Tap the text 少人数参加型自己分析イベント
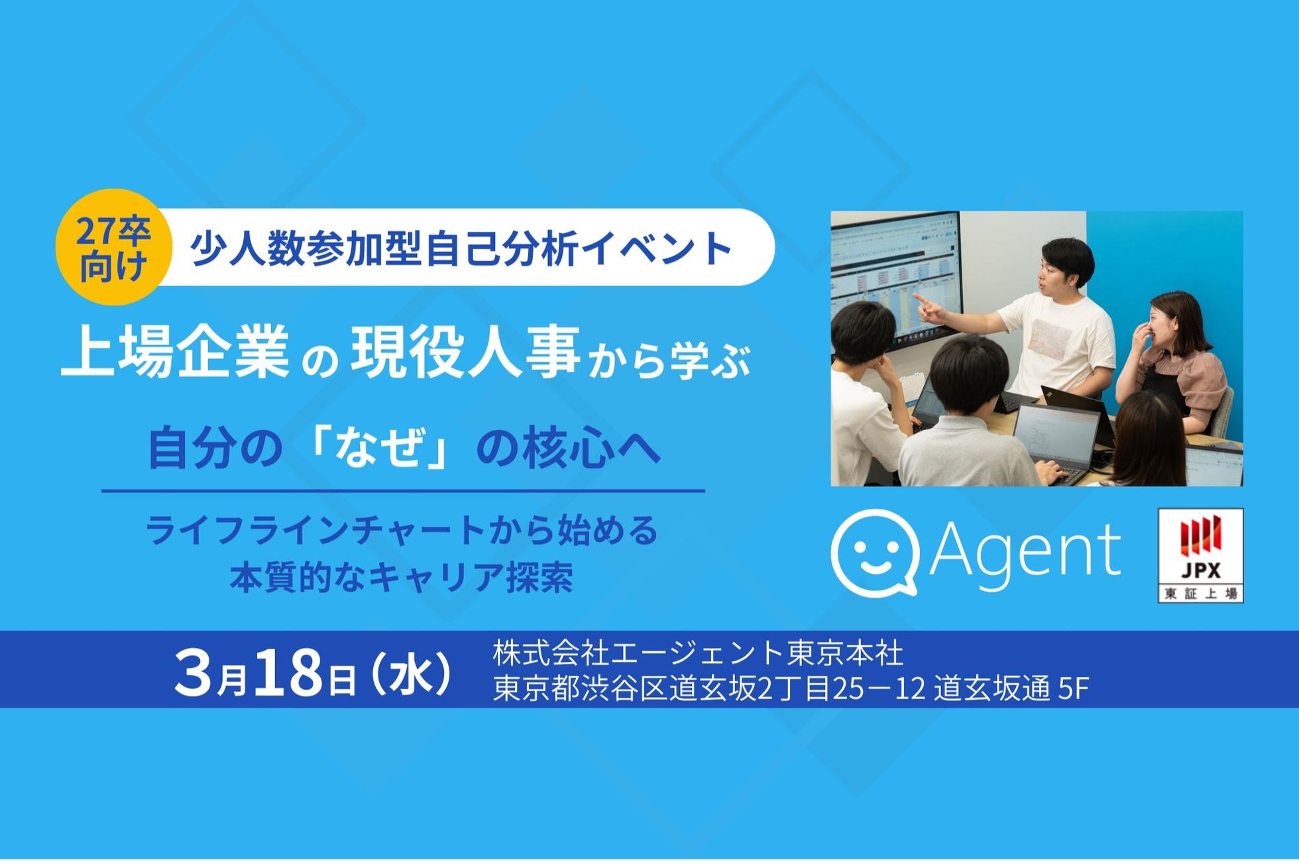tap(461, 248)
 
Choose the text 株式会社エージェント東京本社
tap(698, 653)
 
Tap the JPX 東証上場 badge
tap(1200, 555)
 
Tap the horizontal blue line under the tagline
tap(403, 492)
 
